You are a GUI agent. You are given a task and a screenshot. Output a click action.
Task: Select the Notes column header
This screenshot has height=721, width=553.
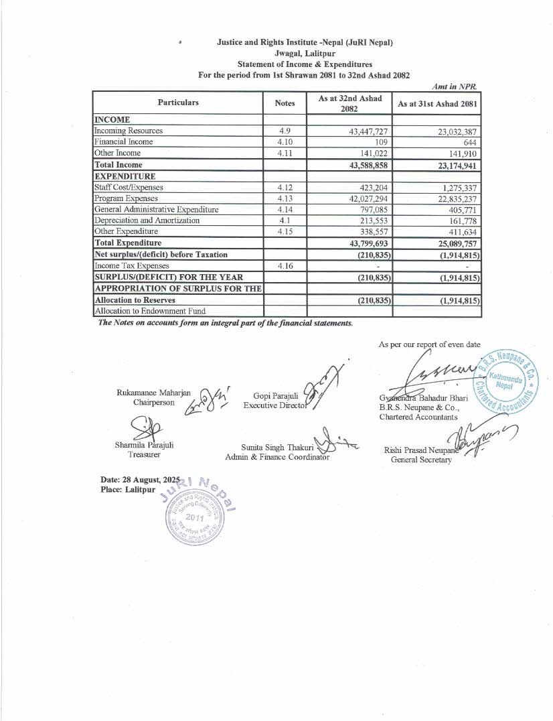coord(285,103)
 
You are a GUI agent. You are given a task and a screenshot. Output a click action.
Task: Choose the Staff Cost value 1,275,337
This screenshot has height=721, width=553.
coord(458,188)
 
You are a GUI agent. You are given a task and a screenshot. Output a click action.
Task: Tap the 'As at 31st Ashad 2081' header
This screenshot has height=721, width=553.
coord(437,104)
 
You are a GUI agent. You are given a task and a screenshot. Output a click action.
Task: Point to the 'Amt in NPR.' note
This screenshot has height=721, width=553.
coord(459,86)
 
